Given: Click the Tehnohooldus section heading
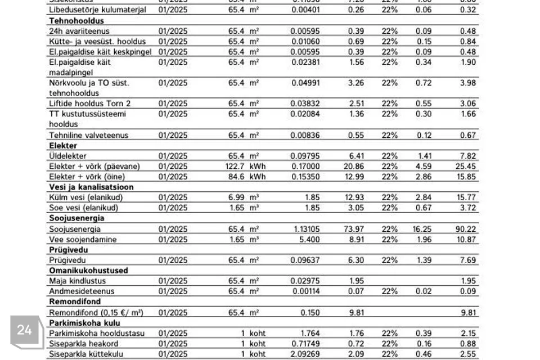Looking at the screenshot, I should [x=76, y=21].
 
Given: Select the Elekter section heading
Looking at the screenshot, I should [x=63, y=146].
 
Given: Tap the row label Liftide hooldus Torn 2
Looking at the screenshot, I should [x=90, y=103].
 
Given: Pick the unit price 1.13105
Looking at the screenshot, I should [x=307, y=229].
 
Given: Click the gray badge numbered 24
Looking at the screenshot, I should [x=25, y=331].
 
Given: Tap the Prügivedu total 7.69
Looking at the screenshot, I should [x=468, y=260].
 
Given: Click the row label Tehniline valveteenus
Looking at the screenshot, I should [x=88, y=135].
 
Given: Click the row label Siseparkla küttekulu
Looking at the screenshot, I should [x=86, y=354].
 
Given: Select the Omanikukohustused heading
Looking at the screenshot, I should [x=88, y=271].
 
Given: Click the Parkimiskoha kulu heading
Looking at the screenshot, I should [x=84, y=323].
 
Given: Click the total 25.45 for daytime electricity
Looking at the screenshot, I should [x=466, y=166].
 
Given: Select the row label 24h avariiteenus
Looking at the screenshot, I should [x=79, y=31].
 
